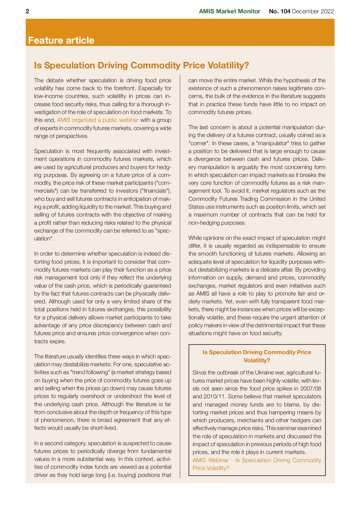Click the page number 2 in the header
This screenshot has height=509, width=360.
point(28,11)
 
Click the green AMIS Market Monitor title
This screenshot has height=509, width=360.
point(229,11)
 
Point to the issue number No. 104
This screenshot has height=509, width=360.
point(280,11)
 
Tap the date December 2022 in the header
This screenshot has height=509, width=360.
point(313,11)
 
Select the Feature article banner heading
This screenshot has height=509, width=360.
point(61,40)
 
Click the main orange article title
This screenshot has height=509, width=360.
point(141,65)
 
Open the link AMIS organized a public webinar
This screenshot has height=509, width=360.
point(97,120)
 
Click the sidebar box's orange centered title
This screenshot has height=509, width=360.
point(257,356)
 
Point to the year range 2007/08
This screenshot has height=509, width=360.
point(311,389)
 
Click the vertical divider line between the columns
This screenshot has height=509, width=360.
point(180,272)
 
